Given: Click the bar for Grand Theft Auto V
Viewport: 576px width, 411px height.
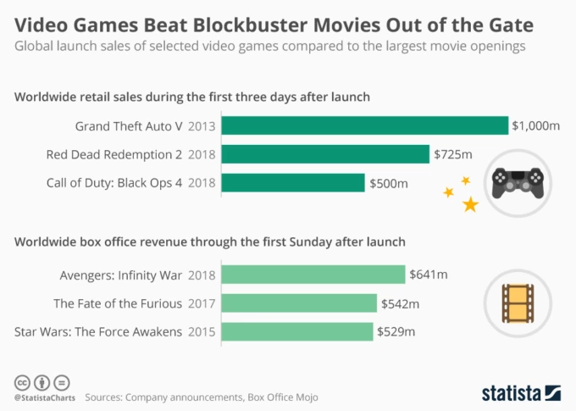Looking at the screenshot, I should (364, 126).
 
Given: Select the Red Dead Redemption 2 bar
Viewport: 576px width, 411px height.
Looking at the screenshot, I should (325, 154).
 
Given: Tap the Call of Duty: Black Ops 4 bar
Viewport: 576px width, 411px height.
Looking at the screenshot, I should (293, 182).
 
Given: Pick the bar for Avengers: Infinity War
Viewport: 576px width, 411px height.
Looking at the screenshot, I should (313, 275).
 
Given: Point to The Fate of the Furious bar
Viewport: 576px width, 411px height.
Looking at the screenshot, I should (299, 303).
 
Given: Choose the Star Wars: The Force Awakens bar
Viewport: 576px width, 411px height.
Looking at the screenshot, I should (297, 330).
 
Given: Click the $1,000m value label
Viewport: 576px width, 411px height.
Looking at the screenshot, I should (535, 126).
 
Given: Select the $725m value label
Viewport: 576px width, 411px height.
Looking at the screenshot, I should (452, 154).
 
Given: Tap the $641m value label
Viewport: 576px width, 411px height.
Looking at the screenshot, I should (428, 275).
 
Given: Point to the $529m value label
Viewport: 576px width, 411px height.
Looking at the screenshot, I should (396, 330).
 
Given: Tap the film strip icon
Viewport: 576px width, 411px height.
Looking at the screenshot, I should (517, 303).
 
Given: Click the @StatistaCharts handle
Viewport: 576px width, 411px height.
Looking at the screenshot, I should (43, 396).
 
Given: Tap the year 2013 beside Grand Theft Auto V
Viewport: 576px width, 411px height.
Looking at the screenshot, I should (202, 126).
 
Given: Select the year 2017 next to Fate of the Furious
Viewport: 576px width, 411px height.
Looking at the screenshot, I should (202, 303).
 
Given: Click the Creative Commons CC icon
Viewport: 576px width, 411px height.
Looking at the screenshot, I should (21, 380).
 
